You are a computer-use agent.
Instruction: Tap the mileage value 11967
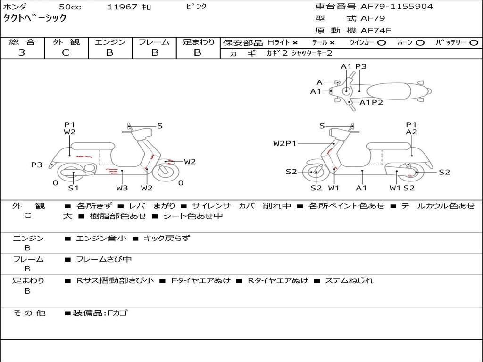(122, 7)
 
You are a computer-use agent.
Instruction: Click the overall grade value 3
(22, 53)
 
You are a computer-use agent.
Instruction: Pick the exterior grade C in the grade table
(66, 53)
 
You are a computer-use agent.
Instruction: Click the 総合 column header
(22, 42)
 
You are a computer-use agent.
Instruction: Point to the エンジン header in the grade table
(110, 42)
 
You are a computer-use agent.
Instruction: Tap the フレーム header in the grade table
(154, 42)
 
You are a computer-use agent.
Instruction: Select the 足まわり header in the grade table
(198, 42)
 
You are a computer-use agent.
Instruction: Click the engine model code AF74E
(376, 31)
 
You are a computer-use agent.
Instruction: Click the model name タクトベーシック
(35, 18)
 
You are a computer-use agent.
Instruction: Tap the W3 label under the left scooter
(122, 188)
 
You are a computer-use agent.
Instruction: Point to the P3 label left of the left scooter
(37, 165)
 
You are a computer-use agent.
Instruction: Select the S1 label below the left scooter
(73, 188)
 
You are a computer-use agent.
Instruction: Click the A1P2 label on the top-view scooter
(371, 102)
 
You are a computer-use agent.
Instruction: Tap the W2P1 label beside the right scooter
(285, 143)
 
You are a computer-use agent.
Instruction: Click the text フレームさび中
(104, 259)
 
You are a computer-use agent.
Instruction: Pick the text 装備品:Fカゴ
(100, 313)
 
